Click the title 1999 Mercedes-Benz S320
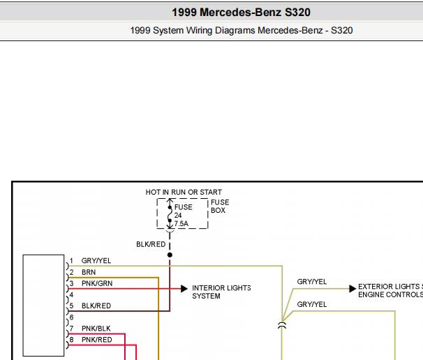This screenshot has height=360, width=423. click(x=242, y=13)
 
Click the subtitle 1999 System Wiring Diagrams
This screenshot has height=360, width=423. click(x=193, y=31)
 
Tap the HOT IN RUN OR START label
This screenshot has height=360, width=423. click(x=184, y=193)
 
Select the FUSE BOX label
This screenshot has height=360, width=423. click(x=220, y=207)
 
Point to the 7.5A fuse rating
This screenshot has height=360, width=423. click(x=181, y=223)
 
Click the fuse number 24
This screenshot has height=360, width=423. click(x=178, y=215)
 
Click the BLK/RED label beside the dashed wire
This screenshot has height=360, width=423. click(x=151, y=244)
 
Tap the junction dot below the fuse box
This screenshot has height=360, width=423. click(x=170, y=255)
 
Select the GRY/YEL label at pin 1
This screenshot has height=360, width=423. click(x=96, y=261)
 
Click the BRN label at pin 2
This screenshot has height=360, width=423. click(x=89, y=272)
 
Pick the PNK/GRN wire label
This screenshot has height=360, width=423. click(x=97, y=283)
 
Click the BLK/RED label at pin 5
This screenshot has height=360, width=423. click(x=96, y=306)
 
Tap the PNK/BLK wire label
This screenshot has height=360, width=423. click(x=96, y=329)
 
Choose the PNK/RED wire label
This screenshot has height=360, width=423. click(x=96, y=340)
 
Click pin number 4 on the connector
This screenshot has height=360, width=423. click(x=71, y=294)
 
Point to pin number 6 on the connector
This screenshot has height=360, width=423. click(x=71, y=317)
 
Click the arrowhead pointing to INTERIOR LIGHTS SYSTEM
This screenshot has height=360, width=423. click(x=184, y=289)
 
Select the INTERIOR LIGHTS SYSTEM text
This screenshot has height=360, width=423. click(x=221, y=292)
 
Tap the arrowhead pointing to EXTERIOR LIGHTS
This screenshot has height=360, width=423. click(x=352, y=289)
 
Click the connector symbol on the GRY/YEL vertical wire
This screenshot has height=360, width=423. click(x=282, y=325)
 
